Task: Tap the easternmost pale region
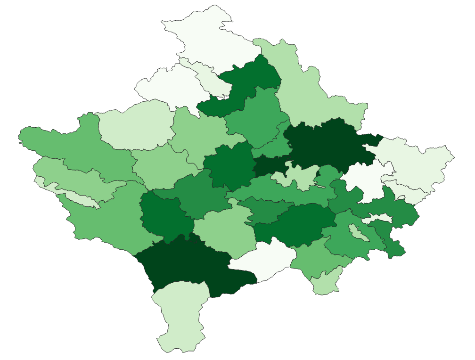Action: click(x=419, y=165)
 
